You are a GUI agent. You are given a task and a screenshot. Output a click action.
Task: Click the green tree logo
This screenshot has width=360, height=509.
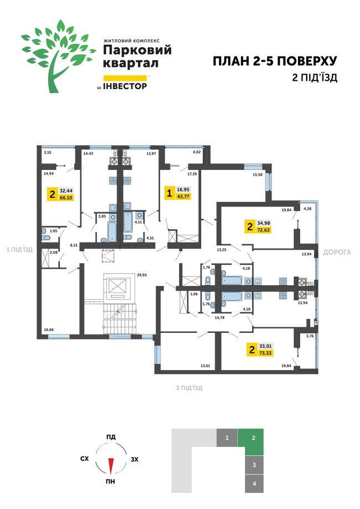coord(59,56)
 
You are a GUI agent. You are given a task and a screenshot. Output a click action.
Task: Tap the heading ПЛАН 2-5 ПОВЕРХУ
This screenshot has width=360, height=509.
coord(275,61)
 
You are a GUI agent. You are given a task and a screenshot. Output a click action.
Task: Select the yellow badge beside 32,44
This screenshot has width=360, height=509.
coord(52,194)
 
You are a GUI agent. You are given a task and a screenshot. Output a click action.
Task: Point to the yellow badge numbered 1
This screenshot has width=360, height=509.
coord(169,193)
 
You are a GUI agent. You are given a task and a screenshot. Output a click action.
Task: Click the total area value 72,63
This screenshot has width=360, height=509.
coord(264,230)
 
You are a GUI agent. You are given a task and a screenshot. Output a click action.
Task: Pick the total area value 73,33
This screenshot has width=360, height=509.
coord(265,353)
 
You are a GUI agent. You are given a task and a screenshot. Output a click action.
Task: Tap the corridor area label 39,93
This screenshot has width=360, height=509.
coord(142,275)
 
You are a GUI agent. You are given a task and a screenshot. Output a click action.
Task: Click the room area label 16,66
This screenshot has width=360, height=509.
coord(49,330)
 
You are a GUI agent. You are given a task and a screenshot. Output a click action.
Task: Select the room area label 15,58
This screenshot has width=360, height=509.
coord(258,174)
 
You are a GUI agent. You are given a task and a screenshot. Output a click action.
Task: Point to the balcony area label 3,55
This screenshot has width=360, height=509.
coord(48,152)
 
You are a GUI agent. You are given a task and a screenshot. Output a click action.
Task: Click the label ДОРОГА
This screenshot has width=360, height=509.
coord(337,252)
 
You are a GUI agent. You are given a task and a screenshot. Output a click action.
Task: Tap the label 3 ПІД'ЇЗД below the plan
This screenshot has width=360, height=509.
coord(189,388)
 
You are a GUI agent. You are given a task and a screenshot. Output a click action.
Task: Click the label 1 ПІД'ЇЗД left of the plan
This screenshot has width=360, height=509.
coord(20,250)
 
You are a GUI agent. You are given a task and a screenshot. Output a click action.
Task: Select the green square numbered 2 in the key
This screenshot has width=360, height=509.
coord(254,438)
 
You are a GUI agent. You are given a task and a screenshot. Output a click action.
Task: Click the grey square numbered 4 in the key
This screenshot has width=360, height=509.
coord(254,484)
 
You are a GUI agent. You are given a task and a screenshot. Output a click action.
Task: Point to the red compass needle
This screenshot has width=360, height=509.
coord(111,464)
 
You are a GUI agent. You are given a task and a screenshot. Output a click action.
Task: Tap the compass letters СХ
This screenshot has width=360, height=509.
coord(84,459)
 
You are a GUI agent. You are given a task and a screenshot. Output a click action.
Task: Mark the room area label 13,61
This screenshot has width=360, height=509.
coord(205,366)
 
